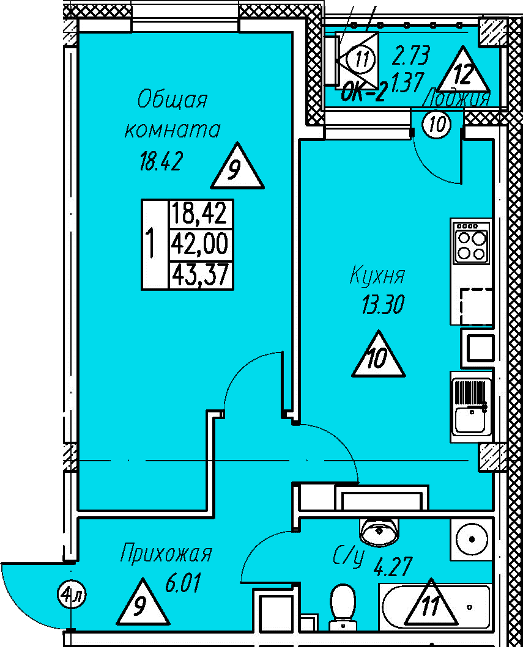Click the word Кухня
coord(377,276)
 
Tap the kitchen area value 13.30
coord(383,304)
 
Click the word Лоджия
coord(457,98)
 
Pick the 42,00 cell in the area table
coord(199,244)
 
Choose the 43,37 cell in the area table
coord(199,276)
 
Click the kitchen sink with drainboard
coord(471,406)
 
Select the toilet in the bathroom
coord(342,604)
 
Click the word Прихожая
coord(166,554)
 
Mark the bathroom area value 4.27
coord(390,566)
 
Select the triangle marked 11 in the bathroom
coord(431,604)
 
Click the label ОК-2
coord(363,92)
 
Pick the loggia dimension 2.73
coord(411,56)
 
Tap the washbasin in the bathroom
coord(380,532)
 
